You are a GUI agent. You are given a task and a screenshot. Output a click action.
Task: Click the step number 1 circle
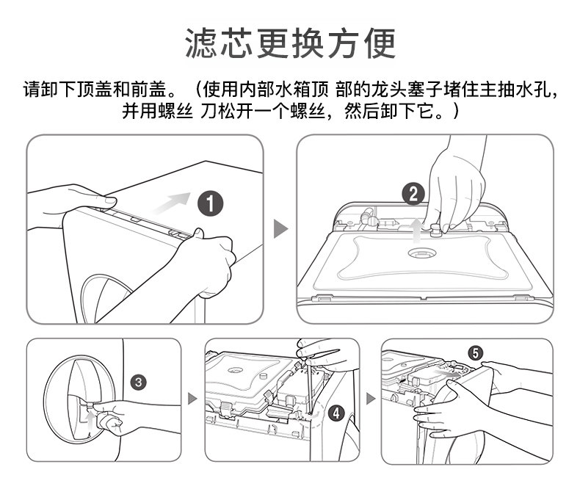[210, 203]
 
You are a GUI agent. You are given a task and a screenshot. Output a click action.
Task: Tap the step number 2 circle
[413, 195]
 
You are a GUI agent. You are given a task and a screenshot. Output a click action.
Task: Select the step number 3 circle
[139, 382]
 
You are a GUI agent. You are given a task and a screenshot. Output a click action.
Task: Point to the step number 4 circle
[336, 413]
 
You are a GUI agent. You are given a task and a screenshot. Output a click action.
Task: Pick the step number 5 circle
[476, 353]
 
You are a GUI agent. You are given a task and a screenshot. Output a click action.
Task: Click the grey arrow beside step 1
[172, 203]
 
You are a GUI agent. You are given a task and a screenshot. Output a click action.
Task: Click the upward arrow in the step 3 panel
[89, 422]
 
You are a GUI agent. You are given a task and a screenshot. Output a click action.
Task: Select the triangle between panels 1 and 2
[280, 228]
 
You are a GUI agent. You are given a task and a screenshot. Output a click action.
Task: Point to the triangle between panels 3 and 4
[192, 399]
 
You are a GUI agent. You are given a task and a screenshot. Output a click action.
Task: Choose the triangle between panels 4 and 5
[370, 399]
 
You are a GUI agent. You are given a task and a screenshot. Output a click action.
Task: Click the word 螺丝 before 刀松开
[175, 110]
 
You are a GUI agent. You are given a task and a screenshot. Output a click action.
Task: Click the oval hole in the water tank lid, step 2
[422, 253]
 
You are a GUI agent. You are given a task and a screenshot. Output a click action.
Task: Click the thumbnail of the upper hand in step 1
[110, 201]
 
